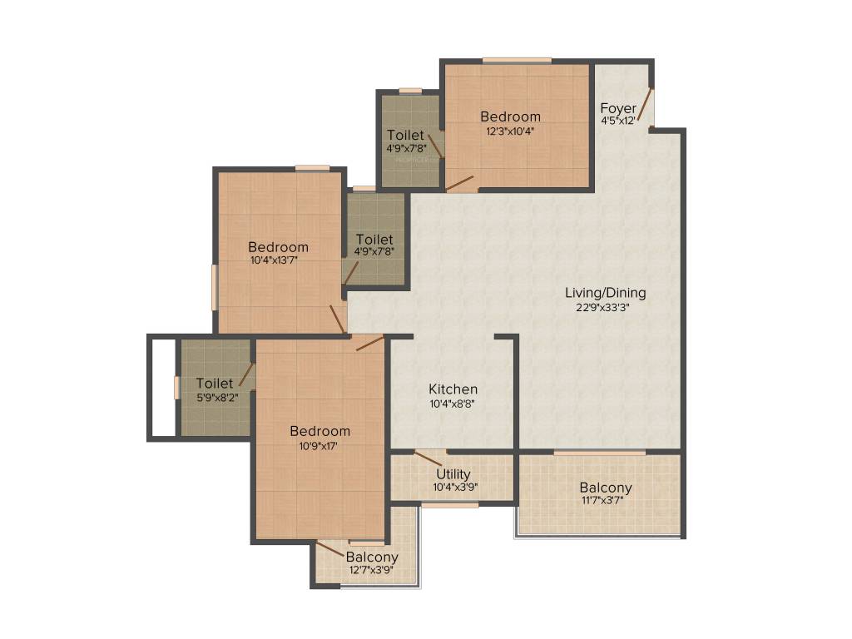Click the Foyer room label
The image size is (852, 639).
click(618, 108)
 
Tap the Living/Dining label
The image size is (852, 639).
click(605, 293)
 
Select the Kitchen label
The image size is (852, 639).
click(453, 389)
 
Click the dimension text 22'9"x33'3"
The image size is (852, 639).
click(605, 307)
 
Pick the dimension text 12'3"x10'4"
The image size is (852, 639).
click(510, 131)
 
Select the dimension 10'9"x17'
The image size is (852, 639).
click(319, 445)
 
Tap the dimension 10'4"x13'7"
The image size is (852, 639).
click(278, 260)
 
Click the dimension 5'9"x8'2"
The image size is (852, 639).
click(214, 397)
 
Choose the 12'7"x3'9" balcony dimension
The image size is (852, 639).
click(371, 570)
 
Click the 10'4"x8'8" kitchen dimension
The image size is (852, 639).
click(453, 404)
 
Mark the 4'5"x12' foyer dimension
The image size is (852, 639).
click(618, 121)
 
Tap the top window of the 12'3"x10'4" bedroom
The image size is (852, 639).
click(516, 60)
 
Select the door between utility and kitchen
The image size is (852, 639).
click(429, 458)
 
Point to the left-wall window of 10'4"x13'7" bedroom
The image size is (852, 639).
click(215, 287)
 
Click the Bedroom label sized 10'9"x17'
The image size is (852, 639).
click(319, 431)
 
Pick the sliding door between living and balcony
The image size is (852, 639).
click(599, 453)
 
